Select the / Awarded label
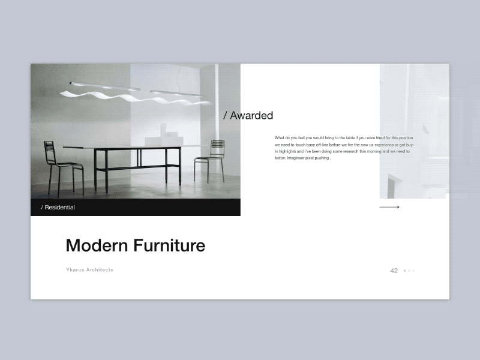coord(248,115)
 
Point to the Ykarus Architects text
coord(89,270)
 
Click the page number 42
coord(394,271)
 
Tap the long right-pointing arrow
coord(389,207)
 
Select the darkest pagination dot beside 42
coord(404,271)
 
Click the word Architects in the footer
coord(99,270)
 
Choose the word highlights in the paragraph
coord(290,152)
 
